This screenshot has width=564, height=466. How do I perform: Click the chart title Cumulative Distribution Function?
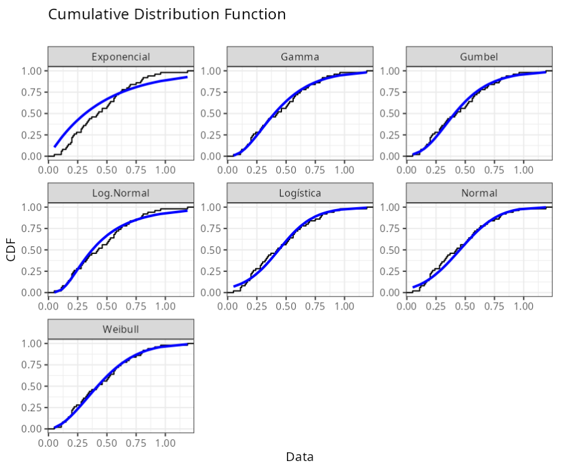[167, 14]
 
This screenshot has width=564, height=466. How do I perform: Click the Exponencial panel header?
[120, 57]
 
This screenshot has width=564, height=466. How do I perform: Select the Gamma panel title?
[299, 57]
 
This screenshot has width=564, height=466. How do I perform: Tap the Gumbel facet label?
[479, 57]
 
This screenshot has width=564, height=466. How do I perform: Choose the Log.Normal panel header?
[120, 193]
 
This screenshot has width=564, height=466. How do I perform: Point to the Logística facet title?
[299, 193]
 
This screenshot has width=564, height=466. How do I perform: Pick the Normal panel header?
[479, 193]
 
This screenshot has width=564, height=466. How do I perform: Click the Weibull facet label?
[120, 329]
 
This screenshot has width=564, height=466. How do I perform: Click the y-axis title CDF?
[11, 250]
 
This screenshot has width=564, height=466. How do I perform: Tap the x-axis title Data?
[299, 457]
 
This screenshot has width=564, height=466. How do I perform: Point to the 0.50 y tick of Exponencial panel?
[31, 114]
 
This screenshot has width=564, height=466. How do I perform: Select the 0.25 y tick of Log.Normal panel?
[31, 271]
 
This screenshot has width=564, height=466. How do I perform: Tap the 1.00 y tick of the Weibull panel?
[31, 344]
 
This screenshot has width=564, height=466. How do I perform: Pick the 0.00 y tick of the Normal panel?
[389, 293]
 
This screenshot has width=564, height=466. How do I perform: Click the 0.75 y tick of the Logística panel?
[210, 228]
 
